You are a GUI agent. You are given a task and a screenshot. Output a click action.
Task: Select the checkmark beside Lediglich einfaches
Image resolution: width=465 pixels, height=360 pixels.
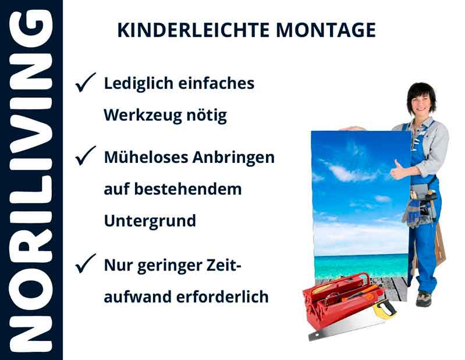coord(85,84)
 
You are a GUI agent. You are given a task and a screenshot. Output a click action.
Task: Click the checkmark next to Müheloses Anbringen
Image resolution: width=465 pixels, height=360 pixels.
coord(85,156)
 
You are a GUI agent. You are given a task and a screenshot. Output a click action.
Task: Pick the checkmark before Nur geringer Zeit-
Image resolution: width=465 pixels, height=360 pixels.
coord(85,265)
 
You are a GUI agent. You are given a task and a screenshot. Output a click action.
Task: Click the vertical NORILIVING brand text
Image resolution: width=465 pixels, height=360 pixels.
coord(30,180)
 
